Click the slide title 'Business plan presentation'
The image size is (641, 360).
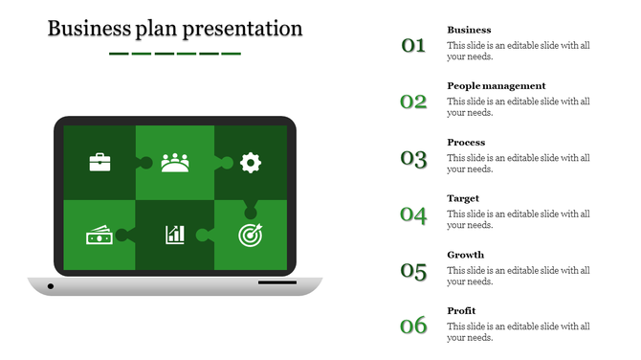pos(175,29)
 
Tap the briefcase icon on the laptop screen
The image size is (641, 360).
pos(99,162)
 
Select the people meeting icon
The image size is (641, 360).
pos(175,162)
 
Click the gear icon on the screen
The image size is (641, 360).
pos(251,162)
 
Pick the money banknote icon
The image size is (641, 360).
pos(99,235)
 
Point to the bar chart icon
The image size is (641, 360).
pos(175,235)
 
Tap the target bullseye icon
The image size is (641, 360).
pos(250,234)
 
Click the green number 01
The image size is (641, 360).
pos(413,45)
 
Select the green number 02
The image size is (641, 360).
pos(413,101)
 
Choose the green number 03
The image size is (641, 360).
pos(413,158)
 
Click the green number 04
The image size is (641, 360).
pos(413,214)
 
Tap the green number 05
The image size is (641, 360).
pos(413,271)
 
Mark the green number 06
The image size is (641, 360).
pos(413,326)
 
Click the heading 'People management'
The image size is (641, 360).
pos(496,86)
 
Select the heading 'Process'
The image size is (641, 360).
pos(466,143)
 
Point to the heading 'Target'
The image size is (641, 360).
pos(463,199)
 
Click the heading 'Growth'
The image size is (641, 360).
pos(465,255)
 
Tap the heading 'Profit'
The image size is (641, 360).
pos(461,311)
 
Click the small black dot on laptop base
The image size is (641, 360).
pos(51,286)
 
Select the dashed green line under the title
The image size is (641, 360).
pos(175,54)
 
